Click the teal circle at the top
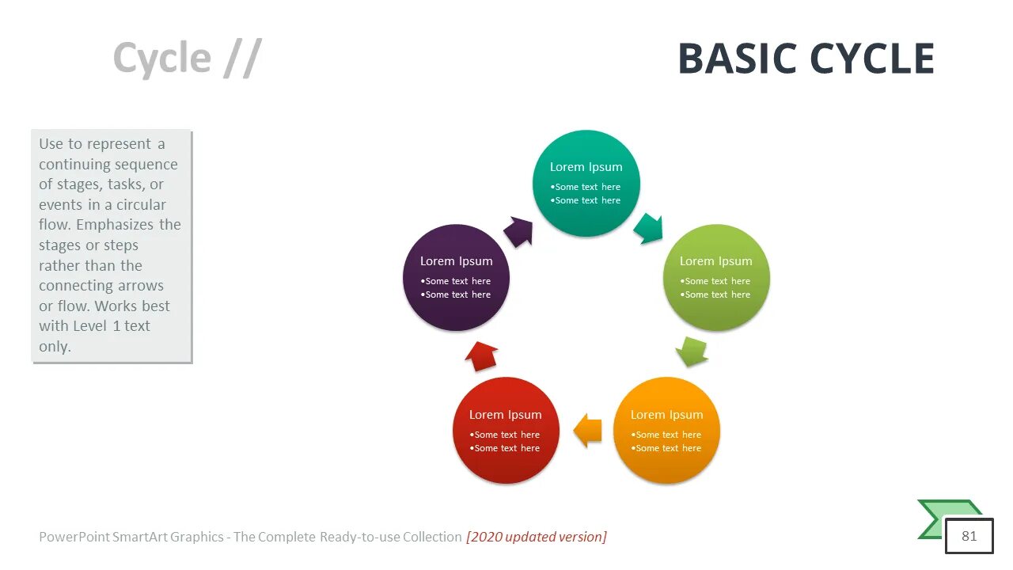586,184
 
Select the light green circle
716,278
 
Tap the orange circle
667,431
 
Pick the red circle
506,431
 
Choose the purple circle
456,278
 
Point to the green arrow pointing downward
692,351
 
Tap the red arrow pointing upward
481,356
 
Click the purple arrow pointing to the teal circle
518,231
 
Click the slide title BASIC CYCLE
806,59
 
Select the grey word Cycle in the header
161,59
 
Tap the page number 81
969,536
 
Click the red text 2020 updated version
537,537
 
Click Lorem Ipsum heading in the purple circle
456,261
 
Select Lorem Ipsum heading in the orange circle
666,415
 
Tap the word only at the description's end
55,347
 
